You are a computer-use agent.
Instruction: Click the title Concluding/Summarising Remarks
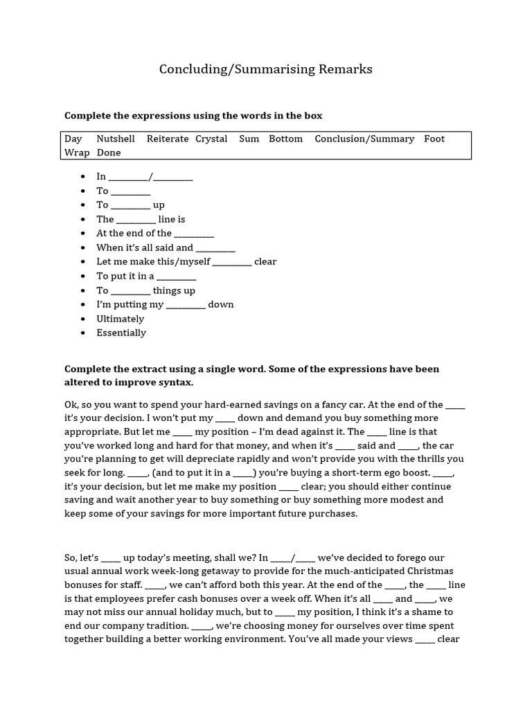(265, 69)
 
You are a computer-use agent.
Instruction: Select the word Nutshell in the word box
(116, 139)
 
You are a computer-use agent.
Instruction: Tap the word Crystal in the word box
(211, 139)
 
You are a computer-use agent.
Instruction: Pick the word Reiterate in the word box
(168, 139)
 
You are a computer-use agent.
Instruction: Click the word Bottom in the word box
(285, 139)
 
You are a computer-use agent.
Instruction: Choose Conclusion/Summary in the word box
(364, 139)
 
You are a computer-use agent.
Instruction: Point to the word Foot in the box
(434, 139)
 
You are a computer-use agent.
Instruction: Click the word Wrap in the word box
(77, 153)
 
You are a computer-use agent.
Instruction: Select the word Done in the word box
(109, 153)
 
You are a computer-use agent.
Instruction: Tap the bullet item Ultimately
(121, 319)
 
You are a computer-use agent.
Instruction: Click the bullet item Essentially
(121, 333)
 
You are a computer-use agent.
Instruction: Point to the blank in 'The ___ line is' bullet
(136, 220)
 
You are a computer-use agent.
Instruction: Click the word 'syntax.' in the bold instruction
(174, 383)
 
